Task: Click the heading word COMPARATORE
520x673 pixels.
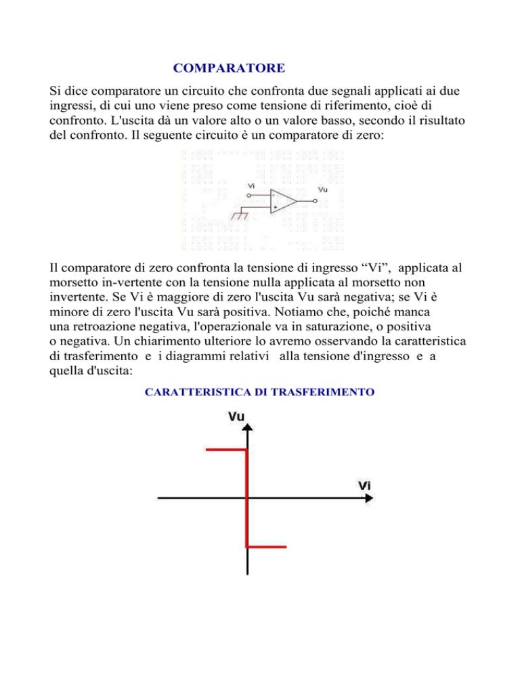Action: click(x=228, y=68)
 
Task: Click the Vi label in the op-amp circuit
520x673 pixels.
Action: click(x=251, y=186)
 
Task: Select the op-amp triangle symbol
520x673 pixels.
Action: click(x=282, y=201)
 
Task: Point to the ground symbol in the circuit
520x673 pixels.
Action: click(x=238, y=215)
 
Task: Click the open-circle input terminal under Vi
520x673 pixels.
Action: click(x=249, y=195)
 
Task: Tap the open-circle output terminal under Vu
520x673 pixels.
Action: click(x=316, y=201)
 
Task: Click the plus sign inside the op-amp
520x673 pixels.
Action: click(x=275, y=207)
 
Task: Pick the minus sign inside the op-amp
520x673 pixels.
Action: click(x=274, y=195)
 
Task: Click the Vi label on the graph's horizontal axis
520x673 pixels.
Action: click(x=364, y=485)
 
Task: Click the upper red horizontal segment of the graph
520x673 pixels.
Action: click(x=226, y=449)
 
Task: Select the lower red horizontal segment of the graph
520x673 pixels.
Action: click(x=267, y=546)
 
